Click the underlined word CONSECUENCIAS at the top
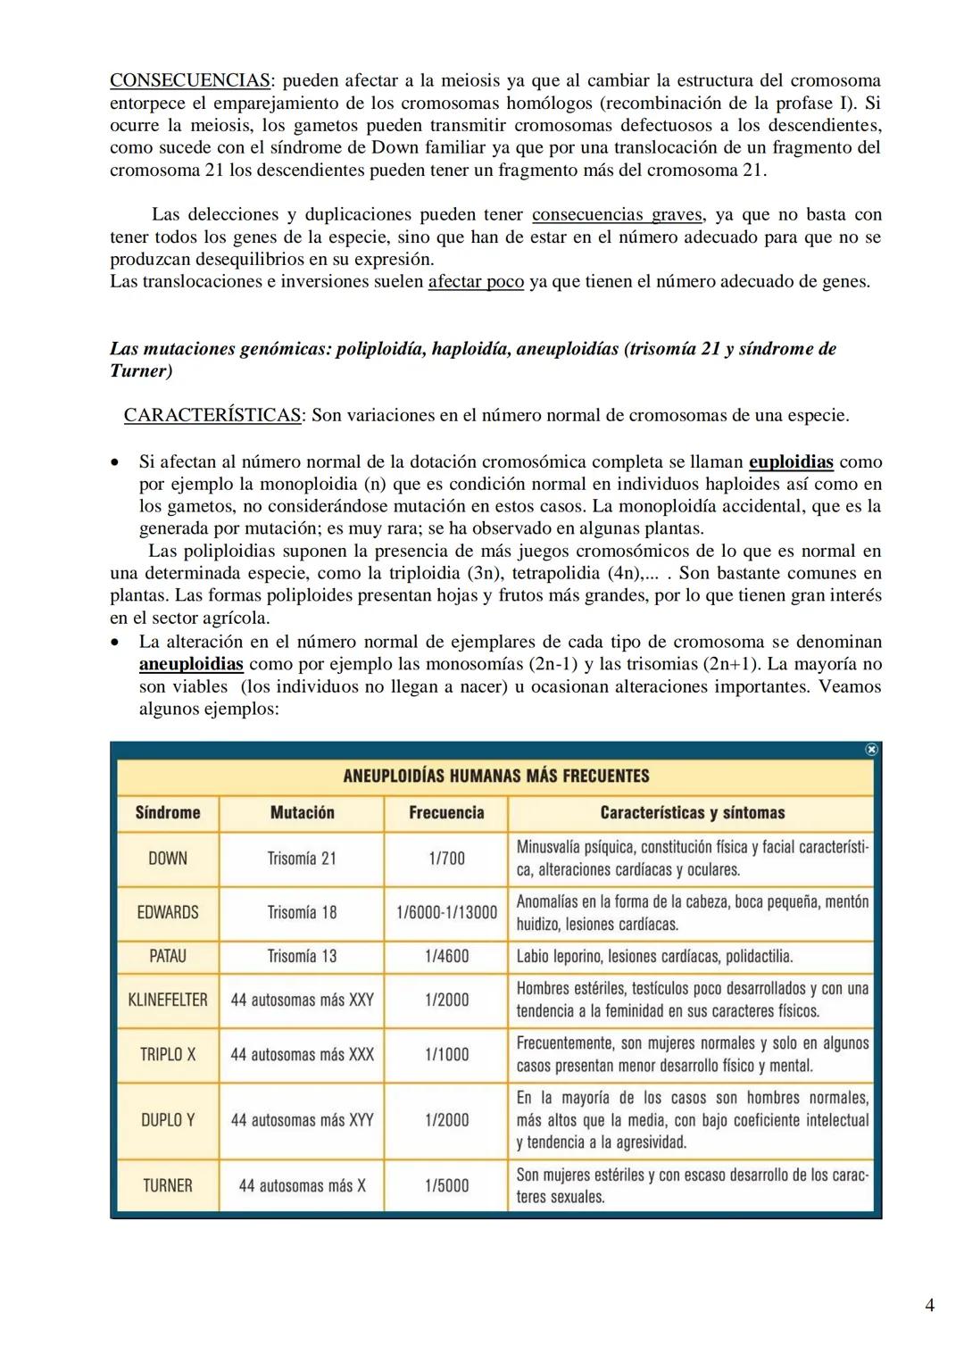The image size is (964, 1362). pos(190,80)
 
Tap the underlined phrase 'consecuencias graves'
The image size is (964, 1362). pos(616,214)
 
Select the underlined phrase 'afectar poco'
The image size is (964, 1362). pos(476,281)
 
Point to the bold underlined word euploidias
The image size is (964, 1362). pos(791,462)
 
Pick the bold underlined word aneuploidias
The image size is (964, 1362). pos(191,664)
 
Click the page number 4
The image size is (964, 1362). pos(930,1306)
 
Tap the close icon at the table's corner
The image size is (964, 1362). pos(872,750)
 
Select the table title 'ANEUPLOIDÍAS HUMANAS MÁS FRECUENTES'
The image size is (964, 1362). pos(495,776)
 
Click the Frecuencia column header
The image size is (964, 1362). pos(446,812)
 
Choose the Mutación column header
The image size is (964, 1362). pos(302,812)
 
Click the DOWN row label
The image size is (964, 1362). pos(168,859)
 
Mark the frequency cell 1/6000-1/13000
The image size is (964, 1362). pos(446,912)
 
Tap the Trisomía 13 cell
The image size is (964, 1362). pos(302,956)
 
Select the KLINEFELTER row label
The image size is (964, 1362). pos(168,1000)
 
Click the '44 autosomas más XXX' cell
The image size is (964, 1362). pos(302,1054)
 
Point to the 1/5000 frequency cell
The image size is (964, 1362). pos(446,1185)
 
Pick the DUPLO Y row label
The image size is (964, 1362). pos(168,1120)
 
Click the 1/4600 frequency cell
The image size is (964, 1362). pos(446,956)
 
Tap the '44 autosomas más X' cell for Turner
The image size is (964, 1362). pos(302,1185)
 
